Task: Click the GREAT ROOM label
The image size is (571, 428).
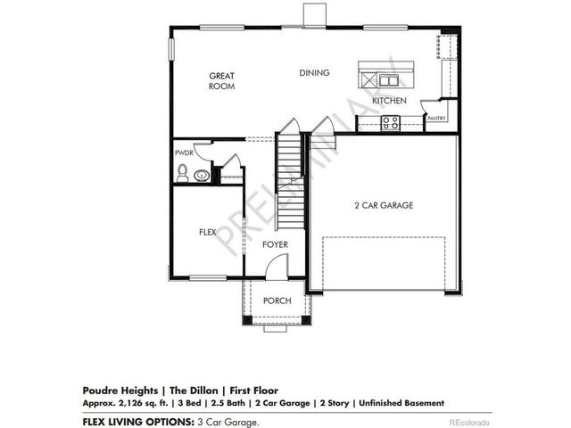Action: (x=221, y=81)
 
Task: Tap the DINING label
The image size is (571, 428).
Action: (x=314, y=73)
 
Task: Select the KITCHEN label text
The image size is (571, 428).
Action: (x=389, y=101)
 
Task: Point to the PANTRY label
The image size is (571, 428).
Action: (x=436, y=119)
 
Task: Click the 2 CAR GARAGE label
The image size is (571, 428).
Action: (x=384, y=205)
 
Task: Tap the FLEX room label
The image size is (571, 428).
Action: (x=207, y=232)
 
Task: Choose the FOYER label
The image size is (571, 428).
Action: (x=275, y=243)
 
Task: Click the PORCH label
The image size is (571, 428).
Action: (x=277, y=300)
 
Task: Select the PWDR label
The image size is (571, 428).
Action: (x=184, y=153)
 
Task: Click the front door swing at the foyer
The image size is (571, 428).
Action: (x=277, y=267)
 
